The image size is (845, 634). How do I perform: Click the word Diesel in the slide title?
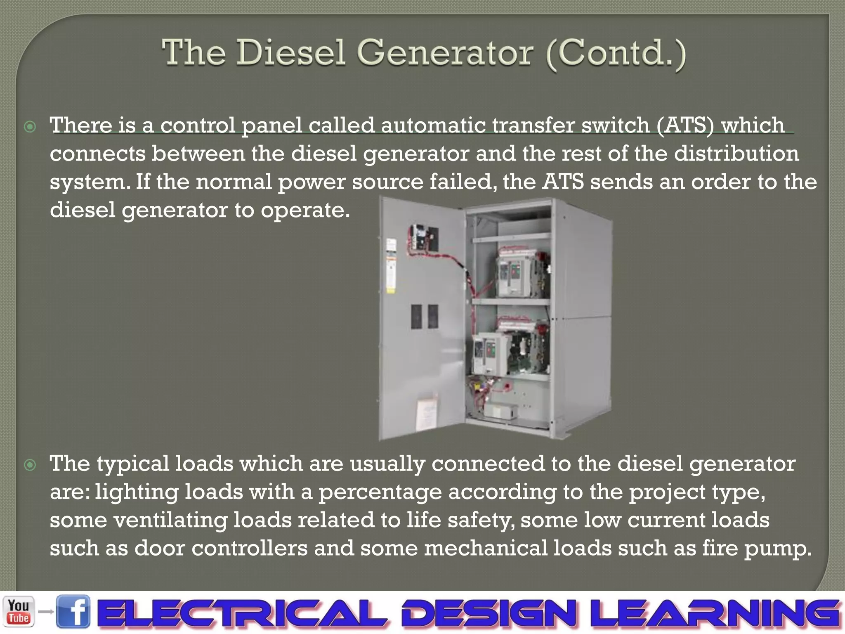tap(290, 53)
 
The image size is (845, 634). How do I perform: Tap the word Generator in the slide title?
tap(445, 53)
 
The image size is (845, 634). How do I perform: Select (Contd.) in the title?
tap(616, 54)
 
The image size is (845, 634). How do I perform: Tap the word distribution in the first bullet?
tap(736, 154)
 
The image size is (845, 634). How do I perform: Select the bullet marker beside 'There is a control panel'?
tap(30, 126)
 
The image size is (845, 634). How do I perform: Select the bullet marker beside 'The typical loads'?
tap(30, 465)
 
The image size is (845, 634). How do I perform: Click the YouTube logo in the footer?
tap(19, 611)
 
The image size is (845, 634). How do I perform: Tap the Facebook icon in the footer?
tap(73, 612)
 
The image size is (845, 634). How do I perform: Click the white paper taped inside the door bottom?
tap(427, 413)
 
